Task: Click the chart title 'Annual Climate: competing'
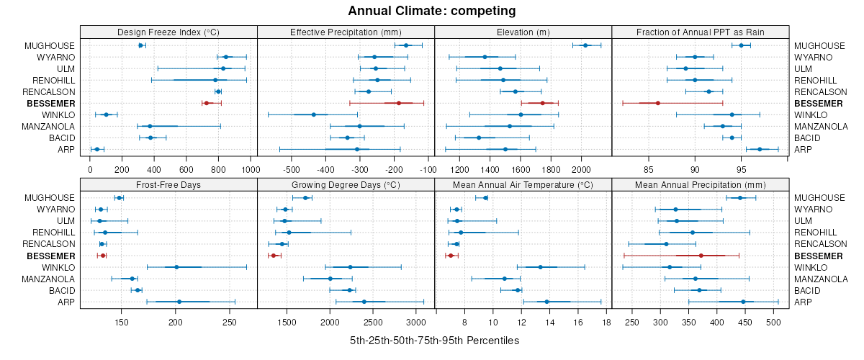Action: tap(431, 11)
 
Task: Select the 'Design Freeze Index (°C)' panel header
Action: tap(168, 32)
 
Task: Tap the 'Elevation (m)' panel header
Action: tap(523, 32)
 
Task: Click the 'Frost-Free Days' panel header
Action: tap(168, 185)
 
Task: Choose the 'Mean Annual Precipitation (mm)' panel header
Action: tap(700, 185)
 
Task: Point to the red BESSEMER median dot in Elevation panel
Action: tap(542, 103)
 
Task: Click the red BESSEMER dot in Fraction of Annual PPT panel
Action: tap(658, 103)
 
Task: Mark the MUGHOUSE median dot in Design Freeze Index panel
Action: tap(141, 45)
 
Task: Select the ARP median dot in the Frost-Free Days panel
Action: tap(179, 302)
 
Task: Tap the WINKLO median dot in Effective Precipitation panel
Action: tap(314, 114)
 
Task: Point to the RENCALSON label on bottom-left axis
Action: tap(50, 244)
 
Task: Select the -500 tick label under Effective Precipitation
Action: tap(292, 170)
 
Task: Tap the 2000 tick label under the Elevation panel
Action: tap(580, 170)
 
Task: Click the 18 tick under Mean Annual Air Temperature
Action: tap(606, 323)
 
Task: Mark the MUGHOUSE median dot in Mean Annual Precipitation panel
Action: tap(739, 198)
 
